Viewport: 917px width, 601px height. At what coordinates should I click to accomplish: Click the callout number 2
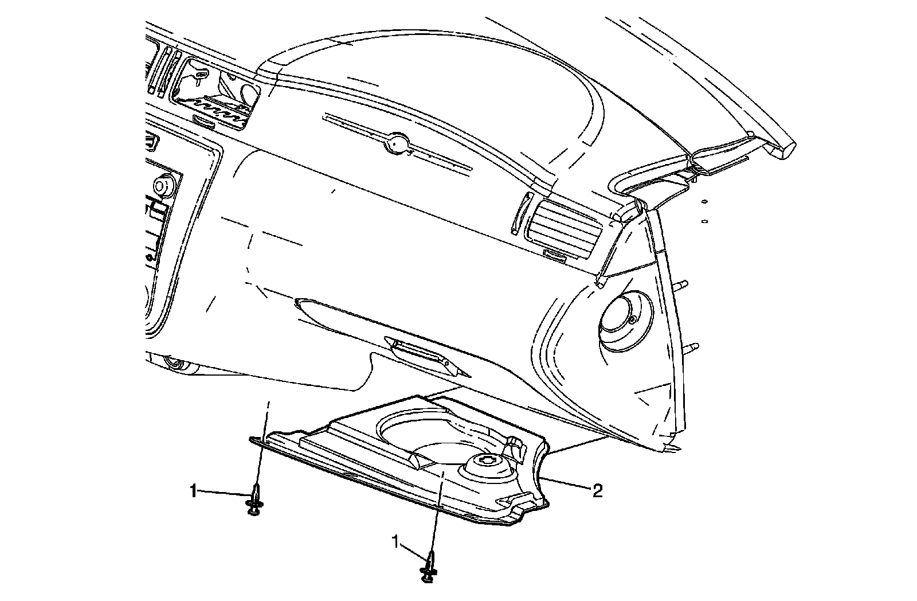point(597,491)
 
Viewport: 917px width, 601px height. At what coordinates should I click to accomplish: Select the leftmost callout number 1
point(194,491)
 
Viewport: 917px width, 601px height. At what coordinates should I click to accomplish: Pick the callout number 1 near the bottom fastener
point(395,540)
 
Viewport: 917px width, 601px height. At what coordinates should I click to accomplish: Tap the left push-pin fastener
point(254,501)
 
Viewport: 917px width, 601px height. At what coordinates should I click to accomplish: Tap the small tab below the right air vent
point(554,255)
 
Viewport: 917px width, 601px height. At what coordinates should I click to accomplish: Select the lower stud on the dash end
point(692,346)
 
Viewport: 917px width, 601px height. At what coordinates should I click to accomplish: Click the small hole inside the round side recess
point(632,319)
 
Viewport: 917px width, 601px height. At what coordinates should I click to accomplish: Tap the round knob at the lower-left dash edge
point(173,363)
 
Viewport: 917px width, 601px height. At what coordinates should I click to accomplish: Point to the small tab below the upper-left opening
point(205,121)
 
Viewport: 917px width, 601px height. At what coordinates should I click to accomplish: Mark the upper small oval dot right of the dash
point(704,202)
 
